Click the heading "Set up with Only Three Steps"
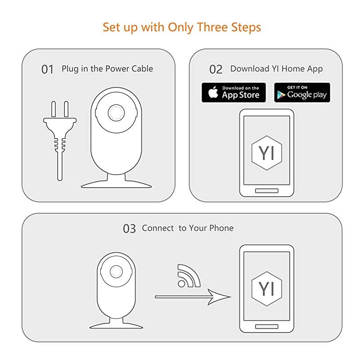(x=182, y=27)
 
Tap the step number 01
(x=47, y=69)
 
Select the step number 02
(x=216, y=69)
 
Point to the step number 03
(x=129, y=229)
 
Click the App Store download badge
(x=234, y=92)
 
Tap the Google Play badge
(x=302, y=92)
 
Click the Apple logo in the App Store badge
(x=213, y=92)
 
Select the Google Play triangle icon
(x=281, y=94)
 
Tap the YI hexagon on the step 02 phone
(x=267, y=153)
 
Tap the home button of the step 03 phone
(x=267, y=326)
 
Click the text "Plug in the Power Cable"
(x=107, y=69)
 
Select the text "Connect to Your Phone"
(x=188, y=228)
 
